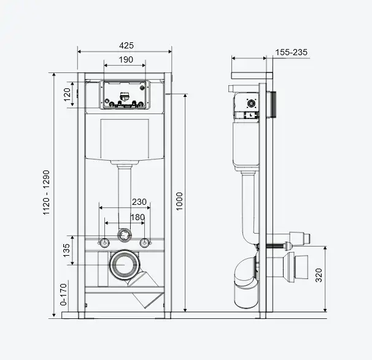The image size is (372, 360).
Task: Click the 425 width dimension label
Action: (126, 45)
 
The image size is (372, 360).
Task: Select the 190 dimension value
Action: (126, 59)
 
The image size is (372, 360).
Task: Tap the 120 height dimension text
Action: (67, 94)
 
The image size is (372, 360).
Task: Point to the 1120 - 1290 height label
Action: (46, 193)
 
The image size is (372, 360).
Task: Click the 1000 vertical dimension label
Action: (179, 201)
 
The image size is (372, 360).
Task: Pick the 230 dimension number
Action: (139, 202)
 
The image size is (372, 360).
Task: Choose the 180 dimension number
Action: (138, 217)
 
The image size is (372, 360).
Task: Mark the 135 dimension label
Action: (67, 250)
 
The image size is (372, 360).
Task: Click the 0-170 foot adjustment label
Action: (64, 294)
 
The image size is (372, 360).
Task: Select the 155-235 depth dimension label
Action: (291, 52)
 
